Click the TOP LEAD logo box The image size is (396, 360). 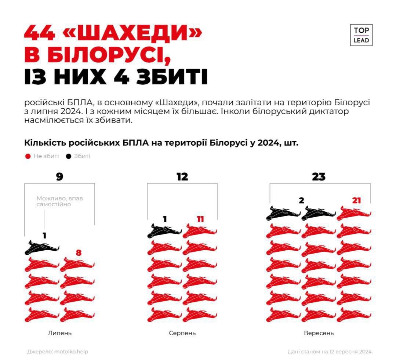point(361,35)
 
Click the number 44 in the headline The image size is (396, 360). point(39,33)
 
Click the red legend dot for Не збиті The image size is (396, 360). point(28,156)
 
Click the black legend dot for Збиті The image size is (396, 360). point(68,156)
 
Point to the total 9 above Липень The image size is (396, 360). point(59,177)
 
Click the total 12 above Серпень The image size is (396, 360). point(182,177)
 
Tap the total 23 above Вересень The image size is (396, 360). point(319,177)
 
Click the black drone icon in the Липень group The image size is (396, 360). point(42,248)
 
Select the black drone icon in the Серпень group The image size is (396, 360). point(164,230)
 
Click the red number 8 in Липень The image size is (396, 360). point(79,253)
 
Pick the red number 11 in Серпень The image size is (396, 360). point(200,219)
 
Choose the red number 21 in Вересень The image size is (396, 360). point(356,200)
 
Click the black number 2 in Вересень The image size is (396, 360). point(302,200)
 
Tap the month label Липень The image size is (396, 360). point(59,333)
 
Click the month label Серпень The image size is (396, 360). point(182,333)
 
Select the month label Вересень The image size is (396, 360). point(319,333)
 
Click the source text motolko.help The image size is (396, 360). point(71,352)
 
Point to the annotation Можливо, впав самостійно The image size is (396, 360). point(59,201)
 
